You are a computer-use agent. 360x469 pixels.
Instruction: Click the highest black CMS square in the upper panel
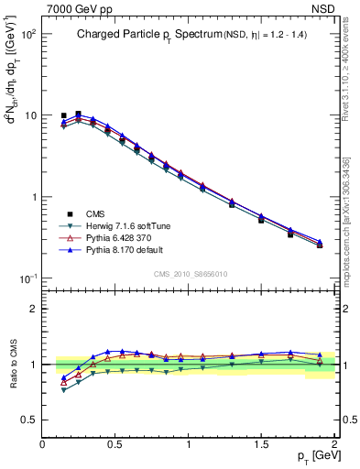click(78, 115)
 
